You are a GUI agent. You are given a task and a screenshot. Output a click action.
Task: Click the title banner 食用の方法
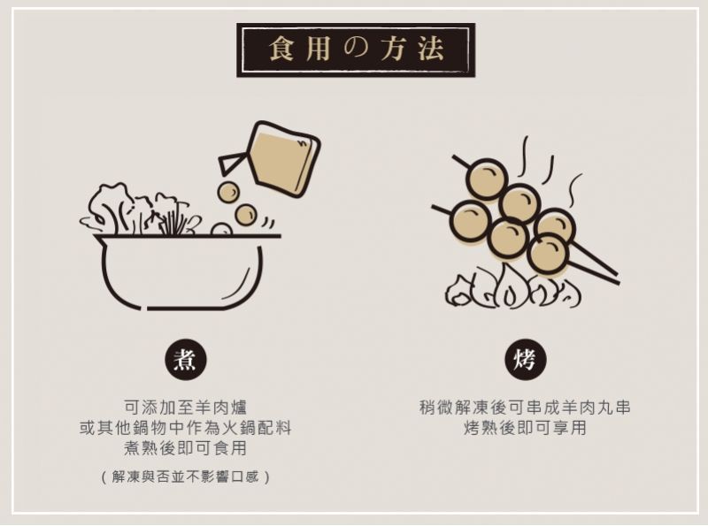click(x=356, y=50)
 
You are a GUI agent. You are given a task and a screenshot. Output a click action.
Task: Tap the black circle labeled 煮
click(x=185, y=360)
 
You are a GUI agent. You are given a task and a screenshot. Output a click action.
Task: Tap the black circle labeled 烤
click(x=525, y=360)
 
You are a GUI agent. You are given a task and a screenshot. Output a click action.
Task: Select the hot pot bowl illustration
click(x=181, y=271)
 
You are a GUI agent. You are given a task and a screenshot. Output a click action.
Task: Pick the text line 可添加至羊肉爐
click(x=186, y=408)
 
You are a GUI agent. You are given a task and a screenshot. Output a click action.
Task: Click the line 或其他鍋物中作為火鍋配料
click(x=186, y=428)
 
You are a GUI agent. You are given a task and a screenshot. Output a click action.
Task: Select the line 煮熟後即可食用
click(x=186, y=448)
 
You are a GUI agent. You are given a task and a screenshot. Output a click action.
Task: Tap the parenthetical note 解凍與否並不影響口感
click(x=186, y=476)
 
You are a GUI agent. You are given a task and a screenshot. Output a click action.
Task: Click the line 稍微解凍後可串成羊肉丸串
click(x=525, y=408)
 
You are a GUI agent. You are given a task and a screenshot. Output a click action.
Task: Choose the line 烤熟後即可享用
click(x=525, y=428)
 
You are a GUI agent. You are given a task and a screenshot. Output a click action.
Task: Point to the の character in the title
click(x=356, y=49)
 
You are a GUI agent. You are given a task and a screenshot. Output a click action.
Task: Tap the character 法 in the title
click(x=430, y=49)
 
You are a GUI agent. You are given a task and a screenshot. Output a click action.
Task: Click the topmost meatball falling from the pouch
click(x=228, y=192)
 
